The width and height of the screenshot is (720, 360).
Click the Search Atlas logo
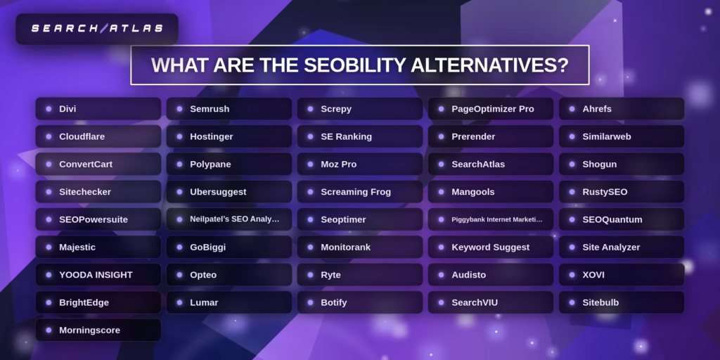(x=97, y=29)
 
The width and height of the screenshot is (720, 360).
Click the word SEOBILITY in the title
(x=355, y=65)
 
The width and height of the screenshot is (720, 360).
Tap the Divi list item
(x=98, y=109)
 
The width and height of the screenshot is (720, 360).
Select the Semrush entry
(x=229, y=109)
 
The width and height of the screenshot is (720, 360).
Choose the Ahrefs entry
(x=621, y=109)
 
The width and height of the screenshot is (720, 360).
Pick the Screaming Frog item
(x=359, y=192)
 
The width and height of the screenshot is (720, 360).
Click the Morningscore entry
(x=98, y=330)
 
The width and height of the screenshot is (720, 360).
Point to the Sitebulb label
(x=600, y=302)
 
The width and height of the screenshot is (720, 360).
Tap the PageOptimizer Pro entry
(x=490, y=109)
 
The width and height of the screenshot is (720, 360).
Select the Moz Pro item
(x=359, y=164)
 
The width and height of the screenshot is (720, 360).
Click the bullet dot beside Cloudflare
(x=49, y=136)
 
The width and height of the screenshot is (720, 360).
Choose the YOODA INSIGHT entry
(x=98, y=275)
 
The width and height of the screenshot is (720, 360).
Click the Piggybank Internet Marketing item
(x=490, y=219)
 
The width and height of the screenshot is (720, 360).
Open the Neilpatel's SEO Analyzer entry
(x=229, y=219)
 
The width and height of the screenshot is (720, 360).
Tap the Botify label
(x=334, y=302)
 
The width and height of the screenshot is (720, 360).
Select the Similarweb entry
(x=621, y=136)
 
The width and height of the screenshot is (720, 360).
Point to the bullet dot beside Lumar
(x=179, y=302)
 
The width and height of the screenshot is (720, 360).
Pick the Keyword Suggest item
(x=490, y=247)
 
